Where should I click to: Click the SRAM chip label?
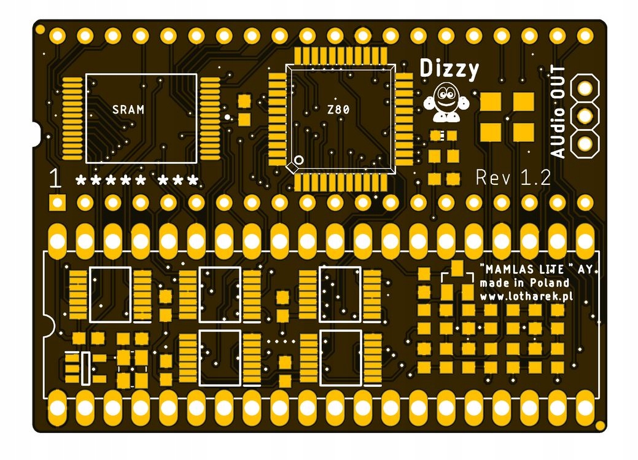128,110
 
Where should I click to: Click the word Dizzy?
449,69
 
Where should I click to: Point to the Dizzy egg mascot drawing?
445,103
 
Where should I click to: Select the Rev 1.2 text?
513,178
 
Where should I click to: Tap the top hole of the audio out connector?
585,88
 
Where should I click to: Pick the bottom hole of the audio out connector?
585,142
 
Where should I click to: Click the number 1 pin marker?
56,180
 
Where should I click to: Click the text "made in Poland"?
524,283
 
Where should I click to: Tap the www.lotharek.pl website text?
526,296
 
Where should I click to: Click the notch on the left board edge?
36,132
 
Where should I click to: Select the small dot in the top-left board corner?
40,29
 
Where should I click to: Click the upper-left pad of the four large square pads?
491,101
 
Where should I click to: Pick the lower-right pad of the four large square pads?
523,131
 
